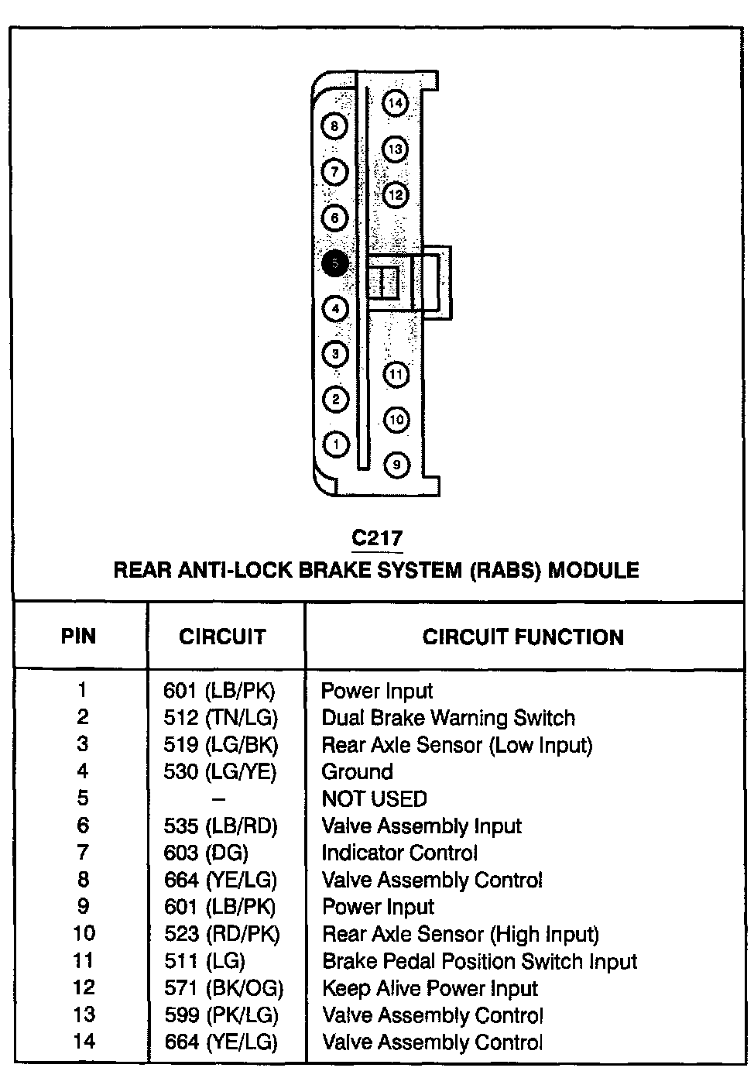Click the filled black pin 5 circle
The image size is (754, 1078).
[x=334, y=264]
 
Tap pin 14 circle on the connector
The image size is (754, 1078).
[x=396, y=103]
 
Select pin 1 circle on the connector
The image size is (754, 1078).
[x=335, y=445]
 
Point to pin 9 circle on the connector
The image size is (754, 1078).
[x=396, y=465]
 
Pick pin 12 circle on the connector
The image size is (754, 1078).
[x=396, y=194]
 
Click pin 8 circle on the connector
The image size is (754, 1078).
[x=334, y=126]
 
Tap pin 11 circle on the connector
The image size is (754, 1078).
[x=396, y=375]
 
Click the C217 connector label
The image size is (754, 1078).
[x=377, y=538]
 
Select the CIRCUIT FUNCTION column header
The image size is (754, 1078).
[x=523, y=637]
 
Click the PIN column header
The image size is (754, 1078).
[x=79, y=637]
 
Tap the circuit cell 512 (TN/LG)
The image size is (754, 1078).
[x=221, y=718]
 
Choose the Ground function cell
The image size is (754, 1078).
[x=357, y=772]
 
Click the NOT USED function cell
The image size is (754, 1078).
[x=374, y=798]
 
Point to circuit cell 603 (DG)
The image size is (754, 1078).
[x=206, y=853]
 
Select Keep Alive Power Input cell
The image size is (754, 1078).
[x=430, y=988]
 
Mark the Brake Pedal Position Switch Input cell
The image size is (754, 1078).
[x=479, y=961]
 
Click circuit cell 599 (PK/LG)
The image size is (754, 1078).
[x=221, y=1015]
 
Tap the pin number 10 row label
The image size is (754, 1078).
[x=84, y=934]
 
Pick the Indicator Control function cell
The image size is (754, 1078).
[x=399, y=853]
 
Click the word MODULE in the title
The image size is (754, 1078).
[x=594, y=571]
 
